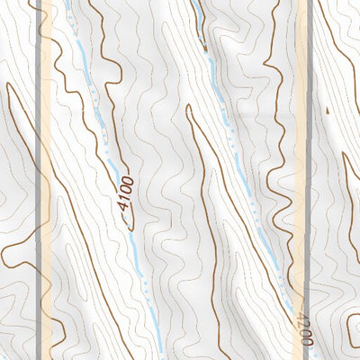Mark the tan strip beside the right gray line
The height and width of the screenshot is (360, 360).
point(301,135)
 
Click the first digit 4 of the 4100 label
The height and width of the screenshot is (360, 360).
point(121,206)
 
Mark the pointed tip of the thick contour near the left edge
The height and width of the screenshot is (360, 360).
point(8,85)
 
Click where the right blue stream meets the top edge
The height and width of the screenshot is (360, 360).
point(193,2)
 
